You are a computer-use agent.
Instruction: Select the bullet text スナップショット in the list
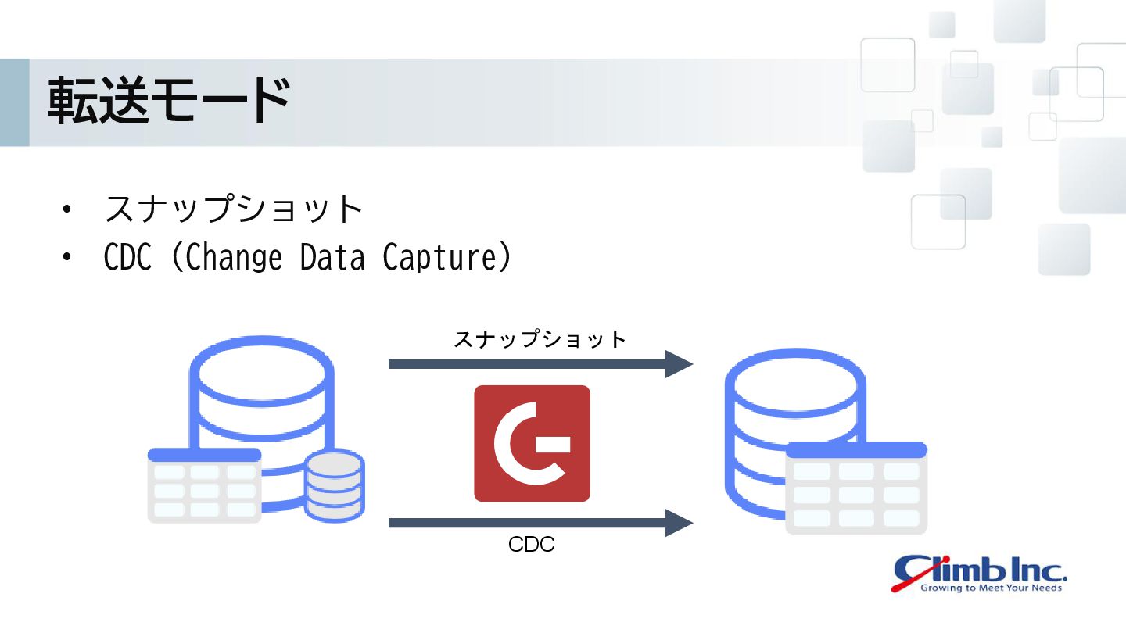pos(234,209)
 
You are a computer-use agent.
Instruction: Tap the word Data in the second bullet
pos(332,257)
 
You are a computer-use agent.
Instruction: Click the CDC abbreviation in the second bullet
pos(127,257)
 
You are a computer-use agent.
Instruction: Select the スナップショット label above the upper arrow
pos(540,340)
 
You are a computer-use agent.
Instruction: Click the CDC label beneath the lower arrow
pos(532,545)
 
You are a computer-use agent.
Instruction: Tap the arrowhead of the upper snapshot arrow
pos(678,364)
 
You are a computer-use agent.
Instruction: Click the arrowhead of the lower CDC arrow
pos(678,523)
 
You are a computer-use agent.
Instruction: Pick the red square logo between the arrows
pos(532,443)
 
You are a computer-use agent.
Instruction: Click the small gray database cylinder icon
pos(335,485)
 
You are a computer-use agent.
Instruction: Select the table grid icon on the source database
pos(204,485)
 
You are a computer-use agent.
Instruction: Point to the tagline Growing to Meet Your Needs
pos(991,588)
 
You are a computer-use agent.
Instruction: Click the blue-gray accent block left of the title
pos(14,102)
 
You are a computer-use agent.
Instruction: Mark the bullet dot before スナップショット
pos(68,209)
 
